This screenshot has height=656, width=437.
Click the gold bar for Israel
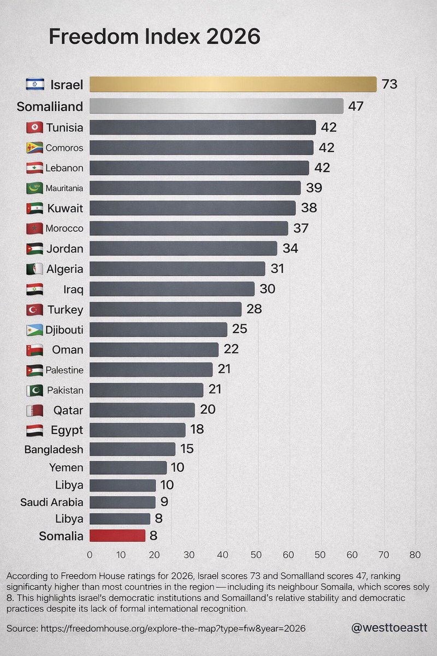click(233, 84)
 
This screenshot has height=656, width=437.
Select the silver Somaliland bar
click(216, 106)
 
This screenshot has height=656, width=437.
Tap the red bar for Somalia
click(117, 536)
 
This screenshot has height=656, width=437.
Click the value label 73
click(389, 85)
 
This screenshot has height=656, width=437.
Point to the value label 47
click(356, 106)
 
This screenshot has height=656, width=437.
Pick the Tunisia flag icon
click(34, 128)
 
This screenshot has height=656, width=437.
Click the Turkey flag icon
click(34, 310)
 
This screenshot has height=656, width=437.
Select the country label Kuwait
click(65, 208)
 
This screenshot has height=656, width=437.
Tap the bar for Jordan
click(183, 249)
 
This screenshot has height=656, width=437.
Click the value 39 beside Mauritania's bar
click(314, 188)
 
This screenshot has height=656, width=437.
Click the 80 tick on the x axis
click(415, 555)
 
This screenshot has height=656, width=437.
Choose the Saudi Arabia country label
click(52, 502)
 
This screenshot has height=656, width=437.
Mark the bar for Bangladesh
click(132, 449)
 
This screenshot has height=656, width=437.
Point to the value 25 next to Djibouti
click(240, 329)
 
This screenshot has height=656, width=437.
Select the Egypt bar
click(137, 430)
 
